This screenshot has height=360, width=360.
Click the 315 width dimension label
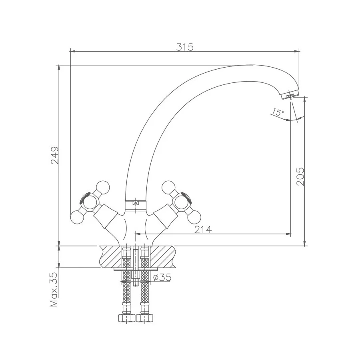[185, 47]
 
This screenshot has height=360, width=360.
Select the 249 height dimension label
[55, 155]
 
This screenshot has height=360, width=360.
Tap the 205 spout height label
[300, 176]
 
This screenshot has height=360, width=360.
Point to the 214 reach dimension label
[203, 229]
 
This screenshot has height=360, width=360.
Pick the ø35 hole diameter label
[162, 277]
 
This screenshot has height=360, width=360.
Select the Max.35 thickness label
[54, 290]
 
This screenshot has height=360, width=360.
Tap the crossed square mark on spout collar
[136, 203]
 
